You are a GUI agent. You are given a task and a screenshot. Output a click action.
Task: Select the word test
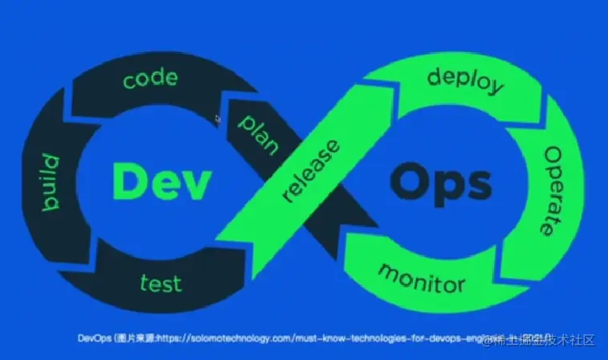pos(161,283)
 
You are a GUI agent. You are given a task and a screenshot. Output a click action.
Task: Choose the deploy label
pos(467,81)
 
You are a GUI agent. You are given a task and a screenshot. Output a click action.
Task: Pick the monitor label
pos(421,276)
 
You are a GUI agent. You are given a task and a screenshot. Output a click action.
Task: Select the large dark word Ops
pos(440,182)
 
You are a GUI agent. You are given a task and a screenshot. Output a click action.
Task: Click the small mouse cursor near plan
pos(217,118)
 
